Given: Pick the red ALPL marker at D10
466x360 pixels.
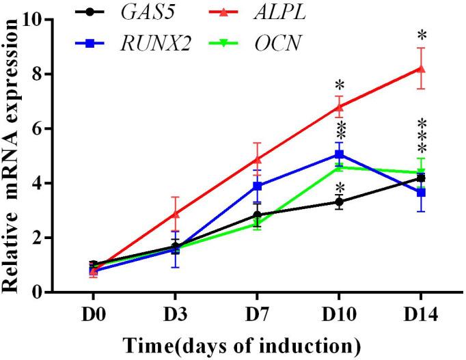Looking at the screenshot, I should point(339,107).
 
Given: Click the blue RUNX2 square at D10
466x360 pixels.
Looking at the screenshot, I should point(339,154).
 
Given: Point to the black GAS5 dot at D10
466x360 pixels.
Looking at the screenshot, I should point(339,202).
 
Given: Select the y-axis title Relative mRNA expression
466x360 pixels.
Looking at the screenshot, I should point(12,156).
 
